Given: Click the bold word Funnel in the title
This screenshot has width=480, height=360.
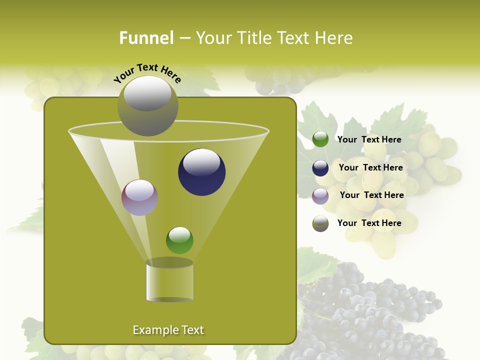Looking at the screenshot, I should (x=146, y=38).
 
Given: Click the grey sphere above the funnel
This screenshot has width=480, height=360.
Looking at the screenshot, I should (x=147, y=105).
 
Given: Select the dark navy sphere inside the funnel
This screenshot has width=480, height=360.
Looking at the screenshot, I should (x=201, y=172).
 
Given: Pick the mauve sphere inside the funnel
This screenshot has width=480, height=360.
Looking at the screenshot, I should (x=139, y=197).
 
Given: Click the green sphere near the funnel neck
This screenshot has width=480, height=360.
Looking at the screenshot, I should (x=179, y=240).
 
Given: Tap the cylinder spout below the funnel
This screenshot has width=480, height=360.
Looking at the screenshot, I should (x=169, y=280).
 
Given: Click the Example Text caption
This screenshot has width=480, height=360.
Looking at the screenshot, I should (x=168, y=330).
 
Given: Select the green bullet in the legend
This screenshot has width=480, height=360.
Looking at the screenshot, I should (x=320, y=139).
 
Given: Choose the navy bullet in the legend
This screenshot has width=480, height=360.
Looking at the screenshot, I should (x=320, y=168).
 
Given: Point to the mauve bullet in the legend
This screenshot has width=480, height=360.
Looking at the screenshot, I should (x=320, y=196).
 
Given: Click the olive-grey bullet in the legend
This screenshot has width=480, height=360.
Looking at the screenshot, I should (x=320, y=223).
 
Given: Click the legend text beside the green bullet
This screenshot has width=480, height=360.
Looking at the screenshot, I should (x=369, y=139).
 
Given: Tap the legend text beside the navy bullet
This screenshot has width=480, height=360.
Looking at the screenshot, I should (x=370, y=167).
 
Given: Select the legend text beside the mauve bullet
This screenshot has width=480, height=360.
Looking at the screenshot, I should (x=371, y=195).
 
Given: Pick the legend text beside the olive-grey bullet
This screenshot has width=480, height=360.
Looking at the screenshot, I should (x=369, y=223).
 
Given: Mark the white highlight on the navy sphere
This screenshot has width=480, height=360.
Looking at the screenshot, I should (x=201, y=162).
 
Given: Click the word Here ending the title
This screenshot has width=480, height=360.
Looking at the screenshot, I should (x=335, y=38).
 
